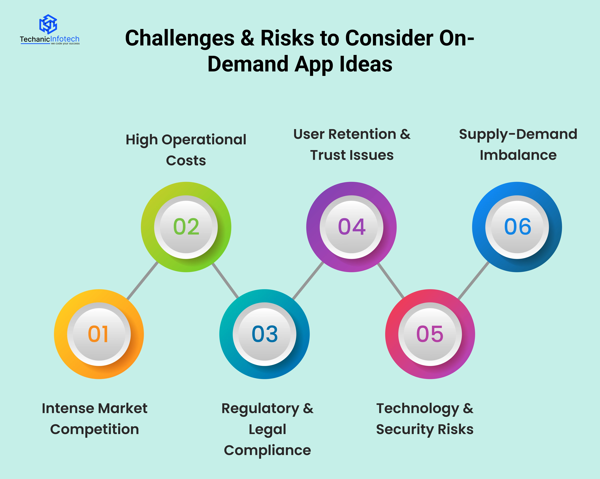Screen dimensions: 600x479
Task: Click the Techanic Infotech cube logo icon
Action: tap(48, 24)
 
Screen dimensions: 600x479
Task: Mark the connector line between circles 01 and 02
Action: tap(143, 281)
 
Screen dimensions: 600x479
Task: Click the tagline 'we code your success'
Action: tap(65, 44)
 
